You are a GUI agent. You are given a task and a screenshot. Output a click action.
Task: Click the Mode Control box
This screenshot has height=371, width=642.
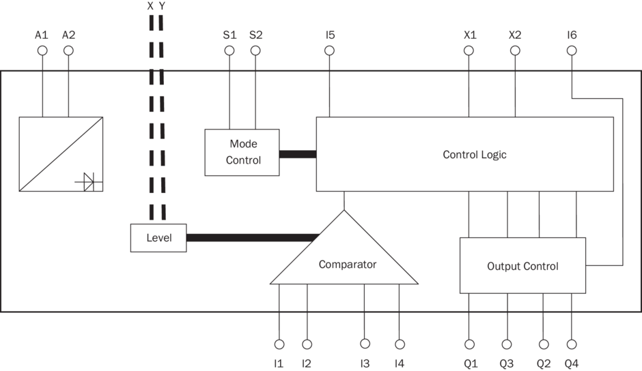coord(242,152)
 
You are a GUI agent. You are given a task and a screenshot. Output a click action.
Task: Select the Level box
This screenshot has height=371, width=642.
coord(158,238)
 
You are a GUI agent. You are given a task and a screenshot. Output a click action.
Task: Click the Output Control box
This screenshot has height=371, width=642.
coord(522,265)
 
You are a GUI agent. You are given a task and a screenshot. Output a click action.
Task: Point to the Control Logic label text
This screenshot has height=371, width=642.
coord(475,155)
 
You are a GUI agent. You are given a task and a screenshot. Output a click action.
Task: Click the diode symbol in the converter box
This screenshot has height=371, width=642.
coord(89,181)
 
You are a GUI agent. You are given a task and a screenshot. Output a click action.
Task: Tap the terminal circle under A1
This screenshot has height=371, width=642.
coord(42,50)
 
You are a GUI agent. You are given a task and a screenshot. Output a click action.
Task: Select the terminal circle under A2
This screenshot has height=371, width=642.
coord(68,50)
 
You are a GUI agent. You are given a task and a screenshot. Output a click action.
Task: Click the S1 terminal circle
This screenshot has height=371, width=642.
coord(229,50)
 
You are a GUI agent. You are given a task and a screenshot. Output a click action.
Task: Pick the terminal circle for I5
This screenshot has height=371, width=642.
coord(330,50)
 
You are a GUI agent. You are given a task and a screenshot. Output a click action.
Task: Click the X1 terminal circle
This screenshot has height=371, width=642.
coord(469,50)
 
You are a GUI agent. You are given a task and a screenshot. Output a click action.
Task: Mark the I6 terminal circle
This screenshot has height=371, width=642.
coord(572,50)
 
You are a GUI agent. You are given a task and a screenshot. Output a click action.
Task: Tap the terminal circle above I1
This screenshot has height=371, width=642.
coord(279,344)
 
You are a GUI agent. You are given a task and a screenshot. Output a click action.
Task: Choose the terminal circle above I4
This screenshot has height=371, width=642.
coord(400,344)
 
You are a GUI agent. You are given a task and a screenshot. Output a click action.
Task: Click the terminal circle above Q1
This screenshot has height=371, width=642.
coord(469,344)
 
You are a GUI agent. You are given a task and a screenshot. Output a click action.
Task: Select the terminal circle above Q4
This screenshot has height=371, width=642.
coord(572,344)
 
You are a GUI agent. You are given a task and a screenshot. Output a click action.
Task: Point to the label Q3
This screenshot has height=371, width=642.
coord(507,363)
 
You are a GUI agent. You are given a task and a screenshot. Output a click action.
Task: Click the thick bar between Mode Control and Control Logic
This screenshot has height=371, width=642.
coord(298,154)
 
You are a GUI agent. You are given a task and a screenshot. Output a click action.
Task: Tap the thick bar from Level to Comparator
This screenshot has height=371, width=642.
coord(253,238)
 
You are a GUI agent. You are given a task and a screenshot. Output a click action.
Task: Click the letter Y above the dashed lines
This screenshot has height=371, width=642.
coord(162,6)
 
